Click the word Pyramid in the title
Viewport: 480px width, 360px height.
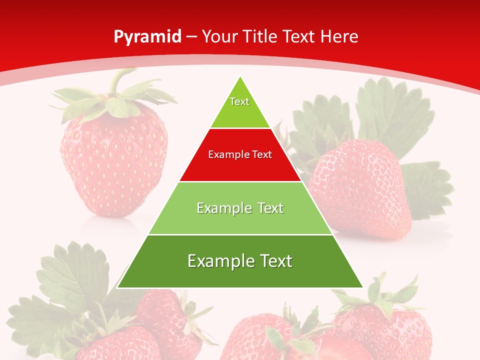click(x=147, y=37)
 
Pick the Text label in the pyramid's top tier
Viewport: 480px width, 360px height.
click(x=239, y=101)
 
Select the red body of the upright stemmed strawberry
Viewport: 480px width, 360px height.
click(x=114, y=160)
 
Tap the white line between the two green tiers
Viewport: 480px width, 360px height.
click(x=240, y=234)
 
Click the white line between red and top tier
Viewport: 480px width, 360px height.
click(x=240, y=128)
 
